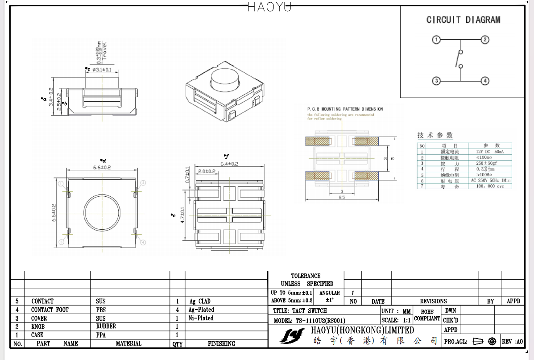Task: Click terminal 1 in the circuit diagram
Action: click(436, 40)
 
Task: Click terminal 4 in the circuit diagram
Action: click(485, 81)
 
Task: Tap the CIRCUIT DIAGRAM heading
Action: click(463, 20)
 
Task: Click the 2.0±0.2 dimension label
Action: click(207, 171)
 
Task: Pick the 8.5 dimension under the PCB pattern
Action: click(342, 197)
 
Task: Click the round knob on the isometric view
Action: click(225, 80)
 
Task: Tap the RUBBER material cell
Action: click(106, 327)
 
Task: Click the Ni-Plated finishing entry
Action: click(201, 318)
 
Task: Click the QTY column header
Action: click(177, 343)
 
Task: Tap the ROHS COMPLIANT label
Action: click(427, 315)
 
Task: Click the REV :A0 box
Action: click(512, 342)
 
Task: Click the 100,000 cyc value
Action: click(489, 186)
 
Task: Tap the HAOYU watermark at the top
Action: click(269, 7)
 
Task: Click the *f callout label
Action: click(226, 156)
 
